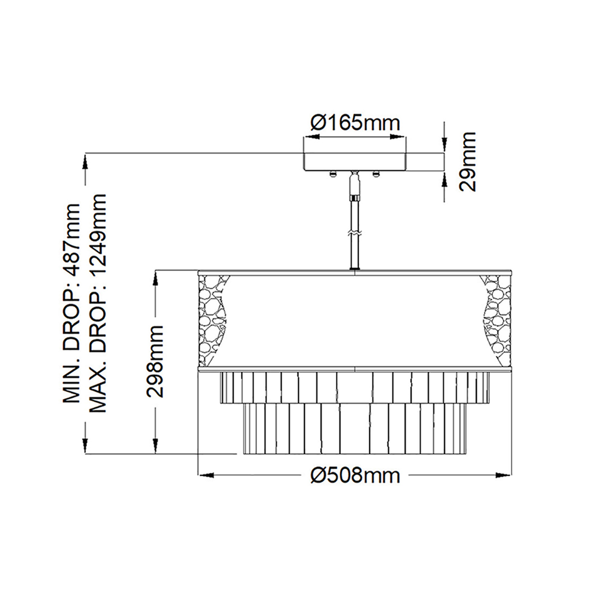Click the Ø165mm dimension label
pyautogui.click(x=355, y=122)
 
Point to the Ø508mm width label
pyautogui.click(x=355, y=475)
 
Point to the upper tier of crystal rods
pyautogui.click(x=355, y=387)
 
